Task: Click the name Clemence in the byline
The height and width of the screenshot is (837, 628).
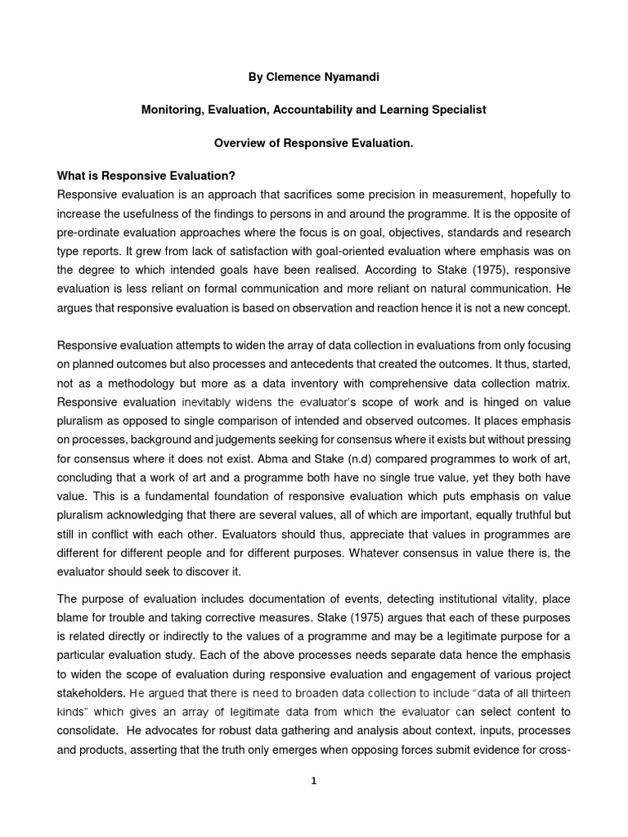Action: (296, 77)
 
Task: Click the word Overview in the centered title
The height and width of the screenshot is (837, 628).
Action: (240, 143)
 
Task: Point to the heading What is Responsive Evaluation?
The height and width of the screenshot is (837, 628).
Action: (146, 177)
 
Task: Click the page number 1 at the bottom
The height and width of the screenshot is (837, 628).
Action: (313, 781)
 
